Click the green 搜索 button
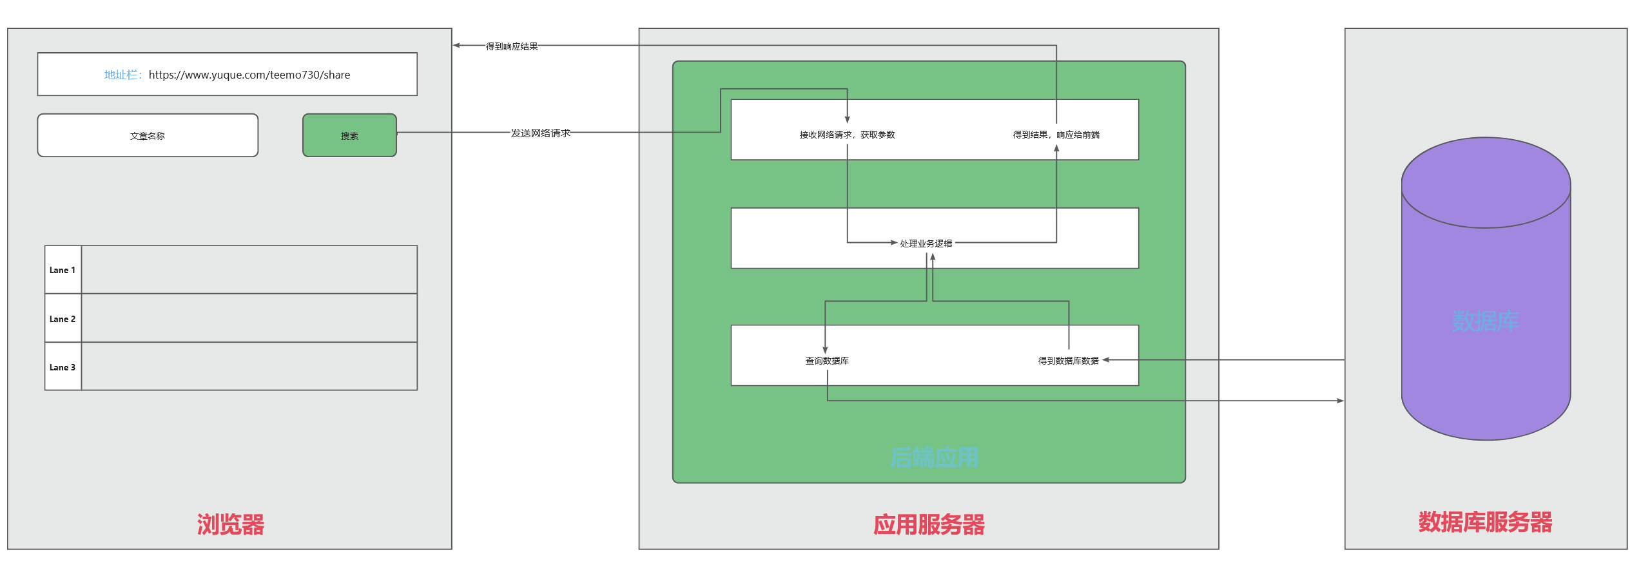[x=349, y=135]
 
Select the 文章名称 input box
[x=148, y=135]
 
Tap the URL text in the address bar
[x=249, y=75]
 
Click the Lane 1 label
[x=63, y=270]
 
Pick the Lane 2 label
[x=63, y=319]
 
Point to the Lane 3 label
[x=63, y=367]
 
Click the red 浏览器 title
[x=231, y=524]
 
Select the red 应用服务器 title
[x=929, y=524]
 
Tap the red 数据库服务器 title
[x=1485, y=522]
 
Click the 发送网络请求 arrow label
[x=540, y=133]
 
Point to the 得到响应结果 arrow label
[x=512, y=46]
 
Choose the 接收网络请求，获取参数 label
[x=847, y=135]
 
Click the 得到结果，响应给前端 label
[x=1056, y=135]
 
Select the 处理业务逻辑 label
[x=926, y=243]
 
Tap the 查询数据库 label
[x=827, y=361]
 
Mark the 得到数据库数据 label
[x=1068, y=361]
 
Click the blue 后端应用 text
[x=934, y=457]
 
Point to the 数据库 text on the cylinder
[x=1485, y=321]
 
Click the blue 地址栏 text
[x=122, y=75]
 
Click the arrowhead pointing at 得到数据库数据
[x=1106, y=360]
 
